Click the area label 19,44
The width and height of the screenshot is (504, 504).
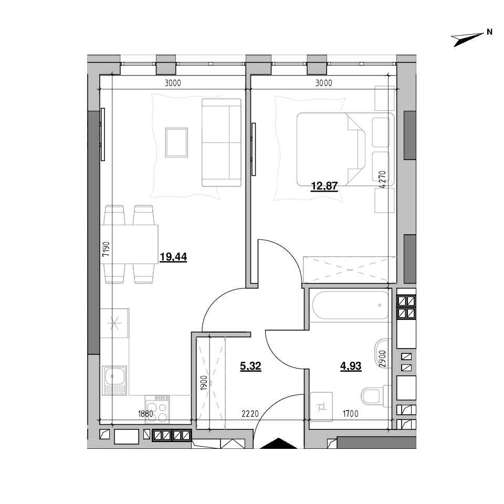173,257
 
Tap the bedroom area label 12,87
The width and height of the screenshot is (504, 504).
324,186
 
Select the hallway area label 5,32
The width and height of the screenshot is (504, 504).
250,366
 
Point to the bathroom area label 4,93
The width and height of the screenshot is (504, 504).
351,366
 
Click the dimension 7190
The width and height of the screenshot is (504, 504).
106,249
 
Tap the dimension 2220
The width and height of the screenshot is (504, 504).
250,414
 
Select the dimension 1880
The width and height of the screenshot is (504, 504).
145,414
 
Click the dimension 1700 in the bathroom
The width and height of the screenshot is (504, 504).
350,414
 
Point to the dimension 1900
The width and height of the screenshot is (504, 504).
204,383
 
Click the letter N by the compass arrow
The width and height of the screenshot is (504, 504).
489,32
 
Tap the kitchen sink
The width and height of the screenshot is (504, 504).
114,380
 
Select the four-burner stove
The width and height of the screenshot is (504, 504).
157,408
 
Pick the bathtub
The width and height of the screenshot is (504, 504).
351,305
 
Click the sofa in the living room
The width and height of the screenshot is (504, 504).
222,142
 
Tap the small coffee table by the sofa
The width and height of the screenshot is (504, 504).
176,142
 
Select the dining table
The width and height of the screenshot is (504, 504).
129,244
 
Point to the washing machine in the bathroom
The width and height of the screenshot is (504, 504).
321,406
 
